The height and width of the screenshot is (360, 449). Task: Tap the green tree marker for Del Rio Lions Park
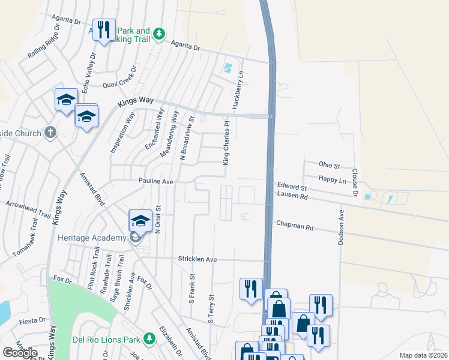(149, 338)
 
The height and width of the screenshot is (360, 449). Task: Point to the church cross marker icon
(50, 132)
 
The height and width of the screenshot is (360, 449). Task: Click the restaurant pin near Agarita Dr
(104, 30)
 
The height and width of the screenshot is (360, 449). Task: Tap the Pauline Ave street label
(155, 181)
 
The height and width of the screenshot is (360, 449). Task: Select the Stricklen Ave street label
(196, 259)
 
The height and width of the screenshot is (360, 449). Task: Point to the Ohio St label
(330, 165)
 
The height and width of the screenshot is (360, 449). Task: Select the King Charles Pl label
(226, 144)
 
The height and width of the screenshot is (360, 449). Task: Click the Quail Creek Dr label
(120, 84)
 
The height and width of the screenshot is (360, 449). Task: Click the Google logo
(20, 352)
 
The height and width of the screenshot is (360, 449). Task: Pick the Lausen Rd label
(292, 196)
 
